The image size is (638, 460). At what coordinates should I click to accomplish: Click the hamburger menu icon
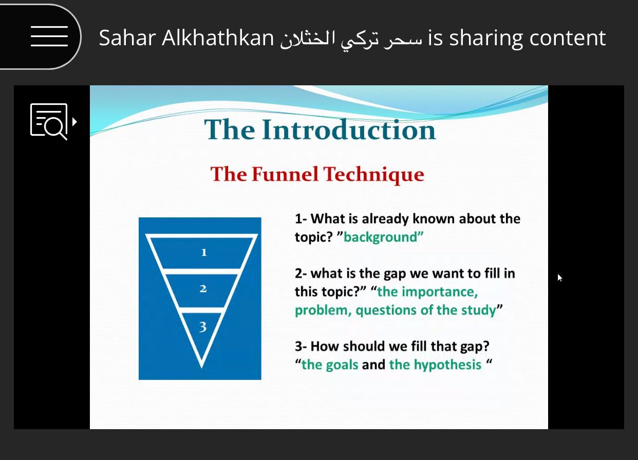[x=49, y=36]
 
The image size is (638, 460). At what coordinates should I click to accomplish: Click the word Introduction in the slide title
[x=349, y=130]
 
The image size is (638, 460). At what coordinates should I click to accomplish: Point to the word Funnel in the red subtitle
[x=285, y=174]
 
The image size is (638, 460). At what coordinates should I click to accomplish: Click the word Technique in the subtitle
[x=373, y=174]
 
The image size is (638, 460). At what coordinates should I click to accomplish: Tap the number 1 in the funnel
[x=203, y=252]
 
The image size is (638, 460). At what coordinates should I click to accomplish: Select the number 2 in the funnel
[x=203, y=289]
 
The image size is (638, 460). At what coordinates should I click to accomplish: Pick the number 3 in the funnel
[x=202, y=326]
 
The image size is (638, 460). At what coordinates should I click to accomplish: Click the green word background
[x=381, y=237]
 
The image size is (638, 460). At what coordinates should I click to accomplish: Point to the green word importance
[x=440, y=292]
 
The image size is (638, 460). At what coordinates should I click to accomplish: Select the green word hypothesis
[x=447, y=365]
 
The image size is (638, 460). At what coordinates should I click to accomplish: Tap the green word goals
[x=342, y=365]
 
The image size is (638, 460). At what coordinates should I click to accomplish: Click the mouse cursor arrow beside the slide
[x=560, y=278]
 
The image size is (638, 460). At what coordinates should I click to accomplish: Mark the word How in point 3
[x=325, y=346]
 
